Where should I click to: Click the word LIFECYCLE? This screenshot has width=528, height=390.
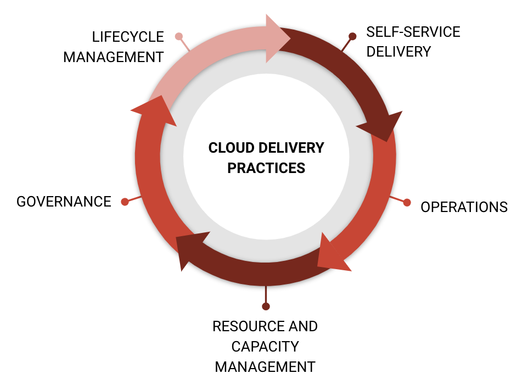coord(128,37)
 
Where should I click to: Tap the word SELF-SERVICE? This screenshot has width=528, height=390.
coord(413,32)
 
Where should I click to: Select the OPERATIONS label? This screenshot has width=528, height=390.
coord(464,207)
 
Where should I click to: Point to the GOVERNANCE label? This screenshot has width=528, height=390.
coord(64,202)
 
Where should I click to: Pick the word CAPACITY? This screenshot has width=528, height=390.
coord(265,347)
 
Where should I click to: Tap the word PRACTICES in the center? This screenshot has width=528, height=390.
coord(266,168)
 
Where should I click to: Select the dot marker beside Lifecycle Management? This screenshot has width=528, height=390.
coord(178,37)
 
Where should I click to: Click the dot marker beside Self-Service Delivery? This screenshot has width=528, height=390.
coord(352,36)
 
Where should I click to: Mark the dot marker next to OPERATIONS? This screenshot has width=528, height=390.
coord(407,202)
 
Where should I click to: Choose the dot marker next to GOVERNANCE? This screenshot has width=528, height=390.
coord(125,202)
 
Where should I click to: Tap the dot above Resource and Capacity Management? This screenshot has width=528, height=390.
coord(266,306)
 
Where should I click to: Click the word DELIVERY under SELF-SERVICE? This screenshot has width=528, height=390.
coord(398,52)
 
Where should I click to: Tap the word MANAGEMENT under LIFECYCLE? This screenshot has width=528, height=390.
coord(114,57)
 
